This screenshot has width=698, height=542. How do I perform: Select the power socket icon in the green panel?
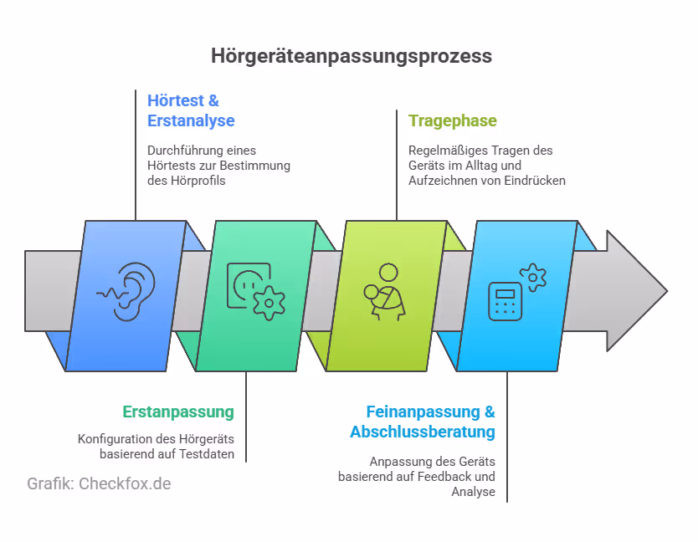tap(249, 284)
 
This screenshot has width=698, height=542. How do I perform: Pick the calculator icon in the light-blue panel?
tap(505, 302)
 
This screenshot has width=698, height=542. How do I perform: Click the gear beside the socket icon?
tap(269, 303)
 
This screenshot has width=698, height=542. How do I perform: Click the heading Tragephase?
tap(452, 120)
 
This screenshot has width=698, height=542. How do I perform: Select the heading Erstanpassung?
tap(178, 412)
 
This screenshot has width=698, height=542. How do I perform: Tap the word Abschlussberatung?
tap(423, 432)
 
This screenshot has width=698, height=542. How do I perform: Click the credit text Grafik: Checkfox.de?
tap(99, 484)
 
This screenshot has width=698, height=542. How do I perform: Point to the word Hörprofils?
tap(203, 181)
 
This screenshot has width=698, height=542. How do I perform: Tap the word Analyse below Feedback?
tap(474, 492)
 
